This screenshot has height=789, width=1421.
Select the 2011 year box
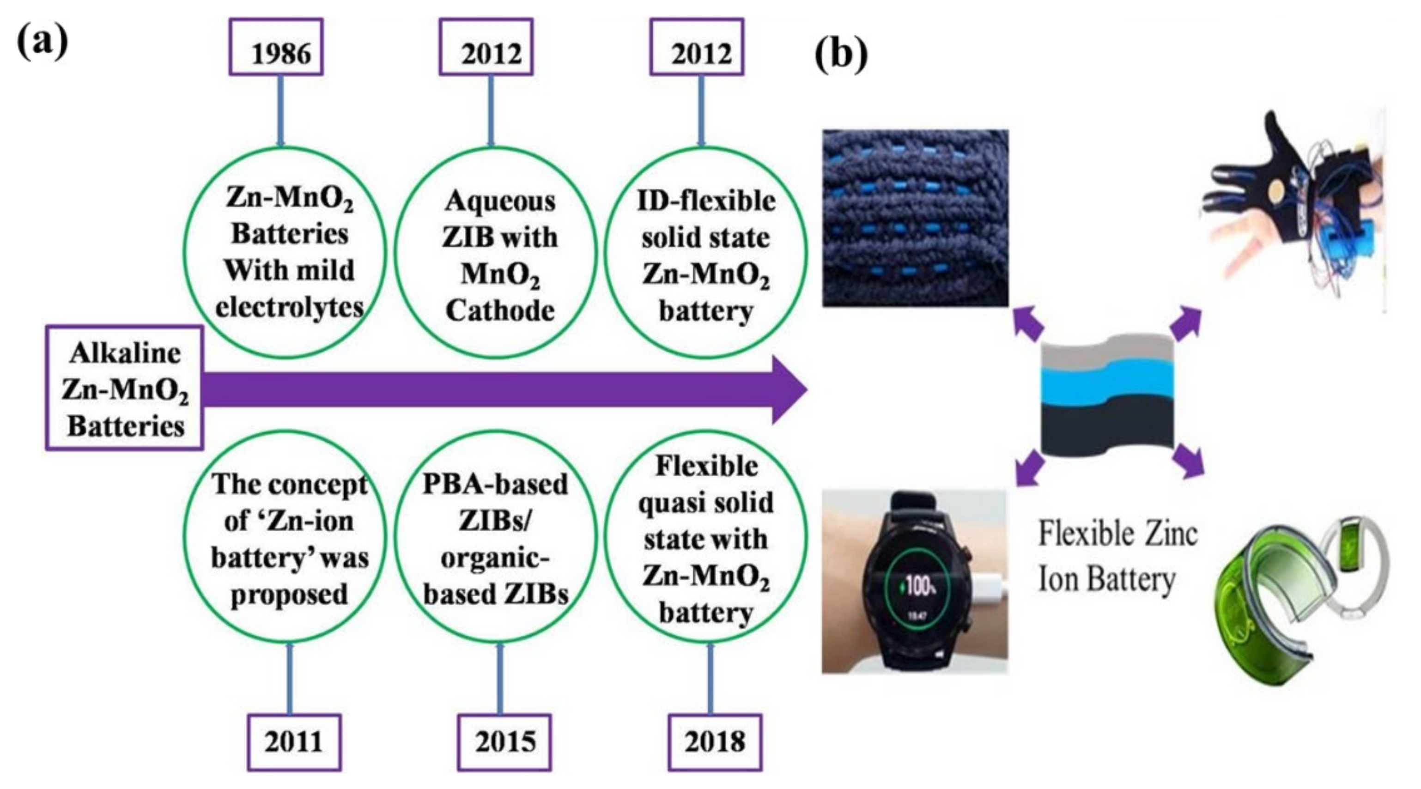pos(293,742)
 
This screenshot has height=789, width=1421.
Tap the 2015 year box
pos(504,742)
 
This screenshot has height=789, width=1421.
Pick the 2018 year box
pos(715,742)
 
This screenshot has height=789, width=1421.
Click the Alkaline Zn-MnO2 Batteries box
pos(125,388)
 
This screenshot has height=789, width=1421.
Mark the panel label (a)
pos(43,42)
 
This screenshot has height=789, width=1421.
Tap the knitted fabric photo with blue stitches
pos(915,218)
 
